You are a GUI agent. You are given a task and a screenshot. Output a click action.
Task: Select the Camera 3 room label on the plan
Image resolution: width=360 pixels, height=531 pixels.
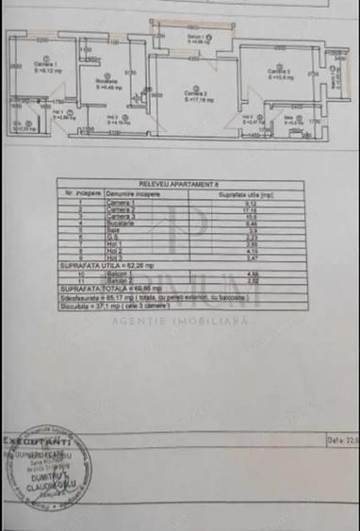tap(277, 72)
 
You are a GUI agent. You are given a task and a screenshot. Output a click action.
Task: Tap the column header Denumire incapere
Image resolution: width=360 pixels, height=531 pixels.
tap(137, 195)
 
